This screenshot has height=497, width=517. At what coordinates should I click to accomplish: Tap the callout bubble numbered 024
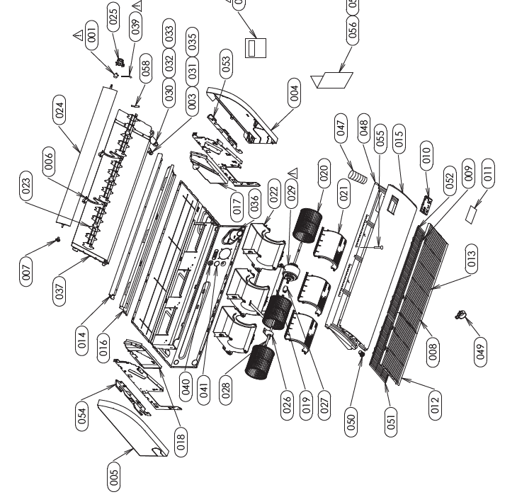click(60, 109)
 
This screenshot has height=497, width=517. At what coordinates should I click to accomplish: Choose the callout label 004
click(295, 90)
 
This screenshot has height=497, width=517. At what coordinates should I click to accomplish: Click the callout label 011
click(487, 172)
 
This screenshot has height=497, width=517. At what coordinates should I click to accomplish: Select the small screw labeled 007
click(57, 239)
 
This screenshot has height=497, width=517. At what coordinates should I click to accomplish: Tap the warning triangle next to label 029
click(292, 172)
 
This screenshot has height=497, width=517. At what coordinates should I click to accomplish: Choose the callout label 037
click(60, 291)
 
